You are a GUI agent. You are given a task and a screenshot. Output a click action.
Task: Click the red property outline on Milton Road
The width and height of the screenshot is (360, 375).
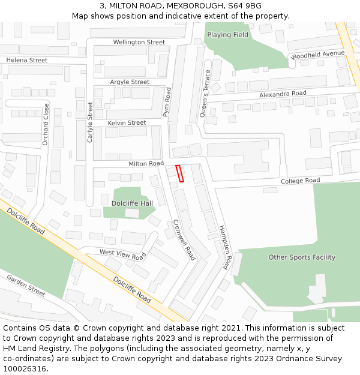[x=179, y=173]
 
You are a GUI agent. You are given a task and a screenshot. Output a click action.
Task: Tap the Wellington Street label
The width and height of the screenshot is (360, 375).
[x=139, y=42]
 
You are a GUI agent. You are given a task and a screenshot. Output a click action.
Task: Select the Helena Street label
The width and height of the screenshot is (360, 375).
[x=26, y=60]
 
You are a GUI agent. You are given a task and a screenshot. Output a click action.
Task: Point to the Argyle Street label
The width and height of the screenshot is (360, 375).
[x=130, y=82]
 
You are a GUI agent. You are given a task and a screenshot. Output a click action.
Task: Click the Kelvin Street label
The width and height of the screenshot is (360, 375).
[x=127, y=122]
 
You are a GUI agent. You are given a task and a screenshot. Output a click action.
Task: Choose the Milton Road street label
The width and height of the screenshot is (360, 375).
[x=146, y=163]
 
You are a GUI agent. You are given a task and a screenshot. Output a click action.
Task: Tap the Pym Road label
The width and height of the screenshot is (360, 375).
[x=167, y=101]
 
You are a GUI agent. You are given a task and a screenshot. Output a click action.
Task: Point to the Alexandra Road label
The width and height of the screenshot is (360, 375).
[x=283, y=94]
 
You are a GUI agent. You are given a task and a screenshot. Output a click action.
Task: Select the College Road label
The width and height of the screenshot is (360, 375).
[x=301, y=181]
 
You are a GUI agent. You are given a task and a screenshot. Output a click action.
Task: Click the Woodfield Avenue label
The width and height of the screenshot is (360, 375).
[x=318, y=54]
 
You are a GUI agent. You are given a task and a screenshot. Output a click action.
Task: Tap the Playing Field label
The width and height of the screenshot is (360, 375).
[x=227, y=35]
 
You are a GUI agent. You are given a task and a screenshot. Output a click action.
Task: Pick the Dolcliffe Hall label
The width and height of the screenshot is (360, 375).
[x=132, y=203]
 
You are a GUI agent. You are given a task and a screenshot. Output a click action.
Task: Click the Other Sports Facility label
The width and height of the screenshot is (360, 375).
[x=302, y=257]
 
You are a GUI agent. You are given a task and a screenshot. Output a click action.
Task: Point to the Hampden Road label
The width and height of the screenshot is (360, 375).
[x=226, y=247]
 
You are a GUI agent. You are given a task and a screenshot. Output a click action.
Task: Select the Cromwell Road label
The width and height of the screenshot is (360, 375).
[x=184, y=239]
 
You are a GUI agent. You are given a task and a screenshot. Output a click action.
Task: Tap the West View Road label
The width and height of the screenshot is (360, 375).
[x=123, y=254]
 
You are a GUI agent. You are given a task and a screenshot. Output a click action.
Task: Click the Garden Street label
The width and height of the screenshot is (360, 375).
[x=26, y=286]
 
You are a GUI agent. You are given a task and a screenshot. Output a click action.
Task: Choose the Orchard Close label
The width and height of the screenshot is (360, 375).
[x=46, y=124]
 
